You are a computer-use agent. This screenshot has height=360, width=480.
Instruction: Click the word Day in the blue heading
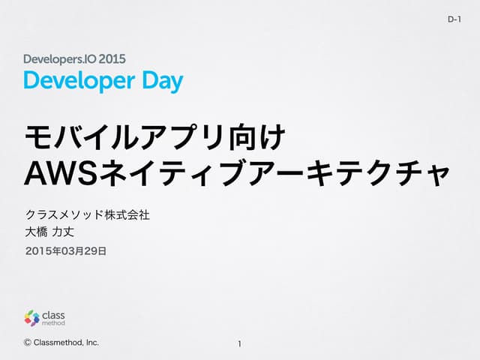tap(162, 80)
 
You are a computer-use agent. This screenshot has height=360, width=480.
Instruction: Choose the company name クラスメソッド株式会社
tap(88, 215)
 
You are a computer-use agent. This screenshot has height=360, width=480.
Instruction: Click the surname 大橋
tap(37, 234)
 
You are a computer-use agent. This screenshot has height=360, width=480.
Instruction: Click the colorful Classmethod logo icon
tap(31, 318)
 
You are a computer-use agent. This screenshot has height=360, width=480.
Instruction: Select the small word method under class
tap(54, 324)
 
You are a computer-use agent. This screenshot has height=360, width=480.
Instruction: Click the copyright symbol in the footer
tap(28, 343)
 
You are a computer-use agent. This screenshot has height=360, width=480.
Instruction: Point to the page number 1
tap(239, 344)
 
